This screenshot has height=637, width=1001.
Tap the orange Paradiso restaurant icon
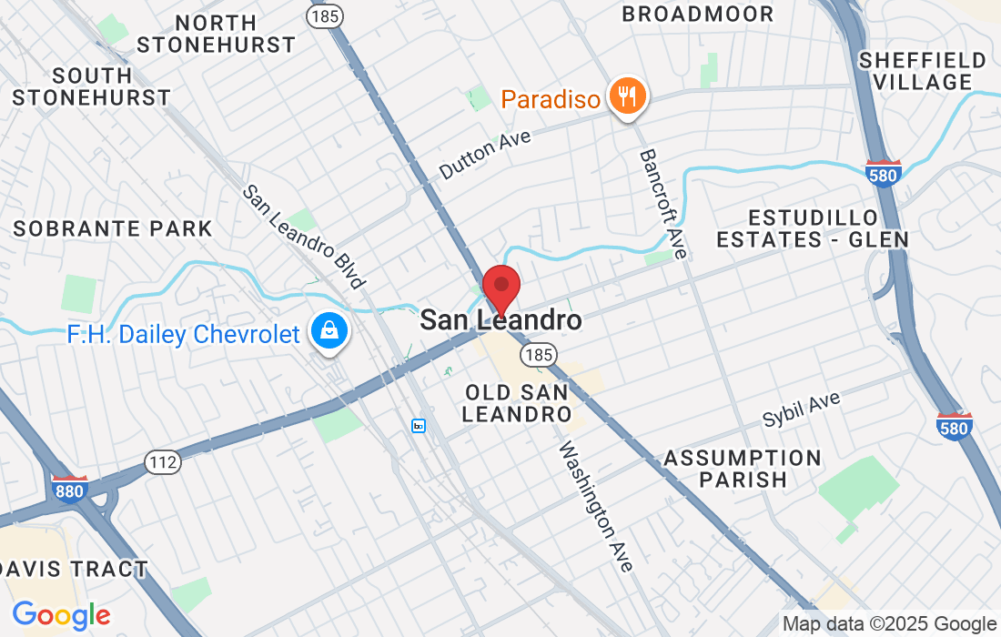pos(627,96)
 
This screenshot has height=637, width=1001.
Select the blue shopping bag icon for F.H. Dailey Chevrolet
pos(327,332)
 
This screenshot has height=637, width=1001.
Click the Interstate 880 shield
pos(69,489)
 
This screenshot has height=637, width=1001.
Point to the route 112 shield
pos(163,462)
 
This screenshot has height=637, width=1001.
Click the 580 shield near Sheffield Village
pos(884,175)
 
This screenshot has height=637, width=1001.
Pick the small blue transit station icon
pos(419,426)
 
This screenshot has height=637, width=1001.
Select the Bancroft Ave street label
pos(662,203)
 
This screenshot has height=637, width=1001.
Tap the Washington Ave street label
pos(595,506)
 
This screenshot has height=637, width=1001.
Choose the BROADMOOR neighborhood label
pos(697,15)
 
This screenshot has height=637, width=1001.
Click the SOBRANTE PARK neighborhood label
pos(112,228)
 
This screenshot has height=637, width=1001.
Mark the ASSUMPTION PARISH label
pos(742,469)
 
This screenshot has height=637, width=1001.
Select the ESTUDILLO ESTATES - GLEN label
pos(812,228)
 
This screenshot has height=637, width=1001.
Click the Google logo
pos(61,615)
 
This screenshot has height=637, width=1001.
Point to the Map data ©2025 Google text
pos(890,624)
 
